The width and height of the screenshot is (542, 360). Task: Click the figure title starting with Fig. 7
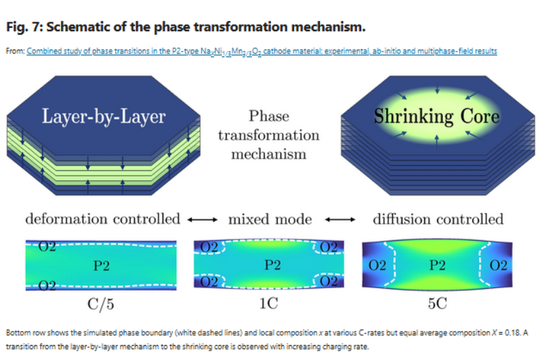coord(186,28)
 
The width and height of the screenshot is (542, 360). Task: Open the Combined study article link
coord(262,51)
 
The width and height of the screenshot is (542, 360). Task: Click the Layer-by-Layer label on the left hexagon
coord(104,117)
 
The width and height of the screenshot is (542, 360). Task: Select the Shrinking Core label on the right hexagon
coord(437,116)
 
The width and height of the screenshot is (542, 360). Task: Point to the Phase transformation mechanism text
coord(269,135)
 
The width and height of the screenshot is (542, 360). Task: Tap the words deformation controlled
coord(103,219)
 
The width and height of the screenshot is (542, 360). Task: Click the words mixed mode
coord(270,219)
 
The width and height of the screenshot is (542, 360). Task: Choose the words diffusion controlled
coord(438,219)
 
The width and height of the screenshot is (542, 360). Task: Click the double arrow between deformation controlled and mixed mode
coord(203,220)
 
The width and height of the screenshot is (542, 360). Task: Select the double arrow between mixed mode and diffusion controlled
coord(341,220)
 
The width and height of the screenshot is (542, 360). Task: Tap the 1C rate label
coord(269,304)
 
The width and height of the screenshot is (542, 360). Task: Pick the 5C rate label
coord(437,304)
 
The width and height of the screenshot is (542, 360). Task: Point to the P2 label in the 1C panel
coord(269,264)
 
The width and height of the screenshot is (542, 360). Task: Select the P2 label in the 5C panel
coord(437,264)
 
